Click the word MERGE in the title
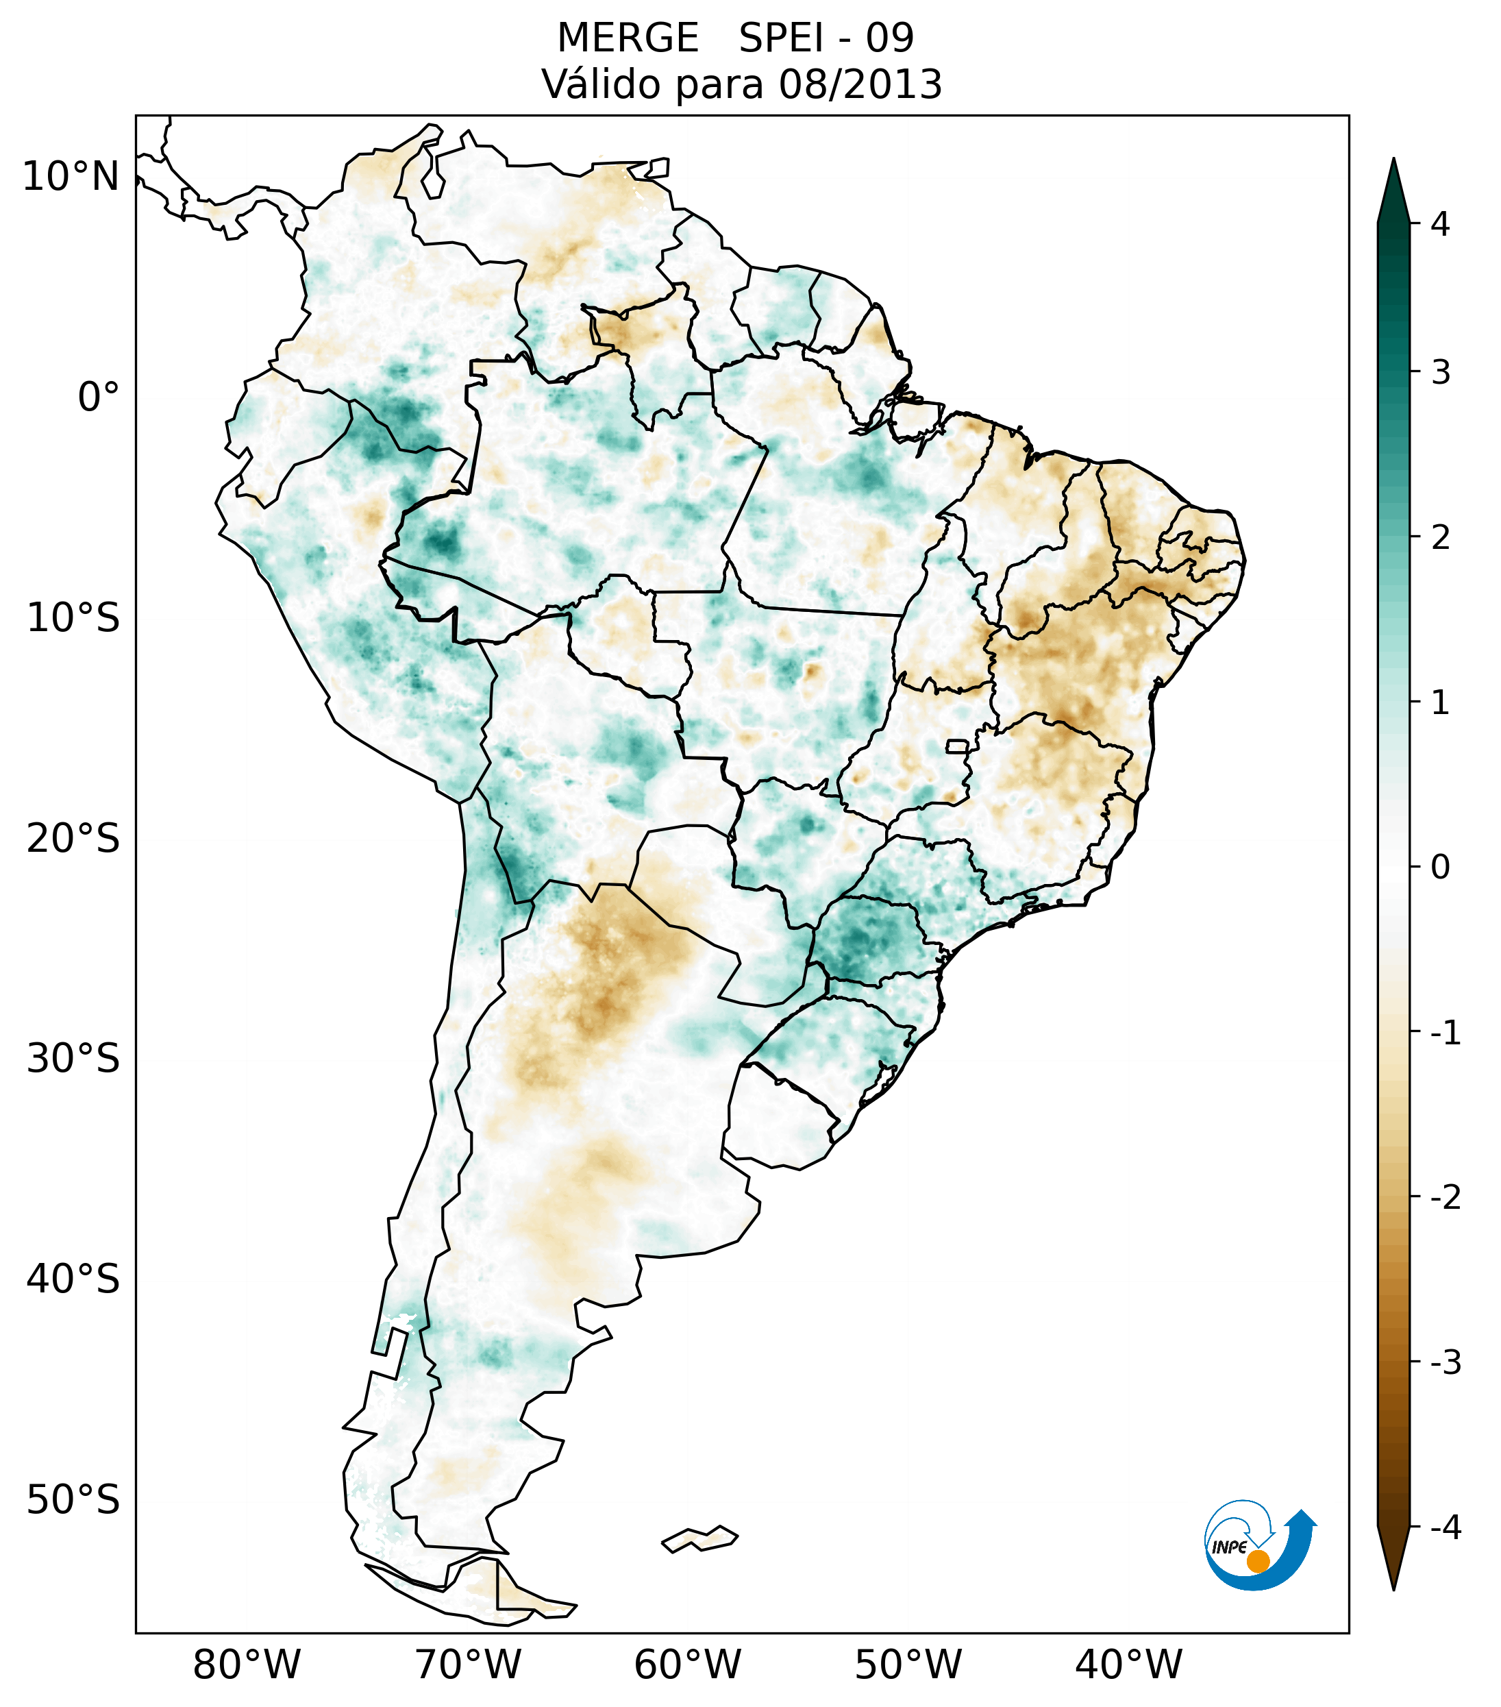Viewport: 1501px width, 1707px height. (627, 38)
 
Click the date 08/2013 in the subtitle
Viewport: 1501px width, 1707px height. (860, 84)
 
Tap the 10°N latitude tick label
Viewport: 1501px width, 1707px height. (70, 177)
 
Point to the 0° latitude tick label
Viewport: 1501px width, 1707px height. (98, 397)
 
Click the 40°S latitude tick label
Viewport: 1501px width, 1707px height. (73, 1279)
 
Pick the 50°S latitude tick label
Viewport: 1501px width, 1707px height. (73, 1500)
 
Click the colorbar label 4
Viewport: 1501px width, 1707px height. (1440, 224)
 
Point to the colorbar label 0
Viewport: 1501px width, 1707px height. (1440, 867)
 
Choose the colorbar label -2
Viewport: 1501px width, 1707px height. (1445, 1198)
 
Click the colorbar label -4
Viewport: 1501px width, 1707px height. (1445, 1527)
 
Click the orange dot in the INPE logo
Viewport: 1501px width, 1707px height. (1257, 1561)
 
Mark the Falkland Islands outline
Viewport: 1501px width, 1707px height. (699, 1538)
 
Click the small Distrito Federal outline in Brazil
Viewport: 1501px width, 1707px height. (958, 746)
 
